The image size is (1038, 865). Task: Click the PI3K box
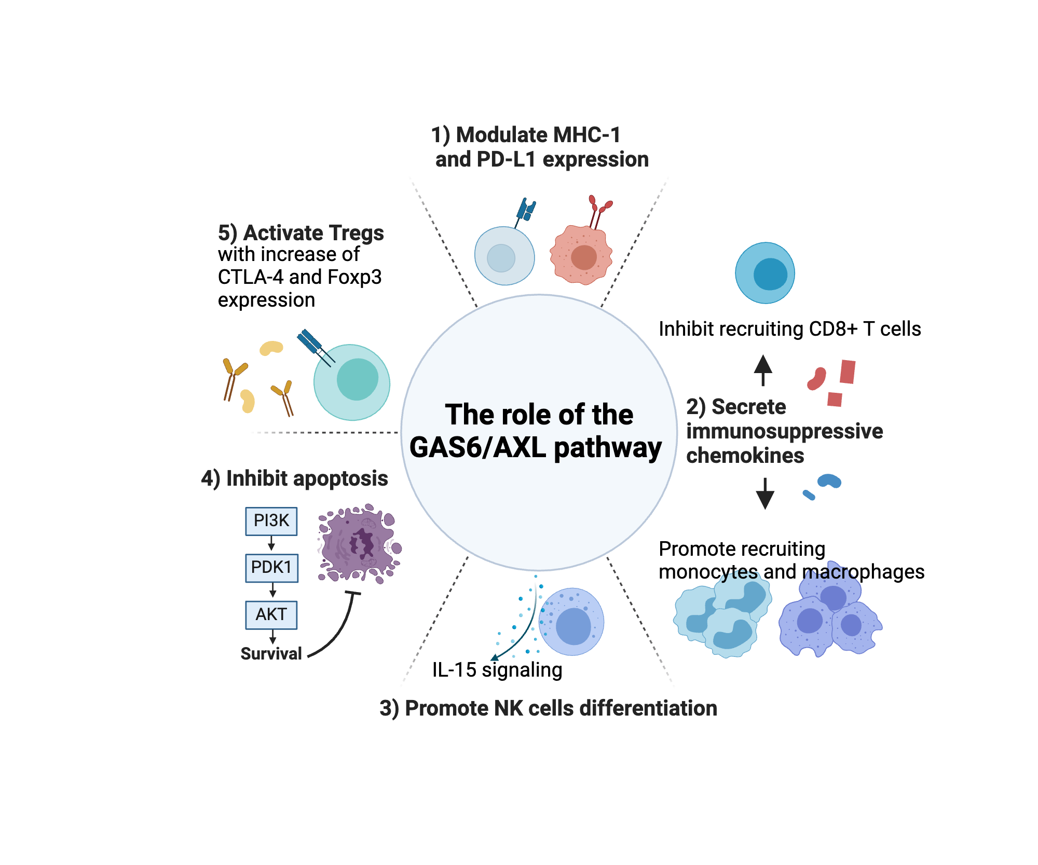coord(271,521)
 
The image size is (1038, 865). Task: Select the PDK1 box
coord(271,568)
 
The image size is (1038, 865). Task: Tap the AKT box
coord(271,615)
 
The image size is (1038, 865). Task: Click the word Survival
coord(271,654)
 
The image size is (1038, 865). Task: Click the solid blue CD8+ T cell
coord(765,273)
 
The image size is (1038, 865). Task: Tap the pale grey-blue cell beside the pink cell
coord(504,256)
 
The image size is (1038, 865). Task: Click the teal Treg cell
coord(352,382)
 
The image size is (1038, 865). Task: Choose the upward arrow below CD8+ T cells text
coord(762,369)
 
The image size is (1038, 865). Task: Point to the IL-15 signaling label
coord(497,670)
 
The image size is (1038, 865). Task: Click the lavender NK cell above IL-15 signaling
coord(571,622)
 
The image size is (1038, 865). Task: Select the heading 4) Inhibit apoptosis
coord(294,478)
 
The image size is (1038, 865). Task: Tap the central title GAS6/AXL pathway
coord(535,447)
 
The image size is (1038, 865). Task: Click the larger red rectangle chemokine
coord(847,372)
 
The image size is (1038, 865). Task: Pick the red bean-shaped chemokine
coord(816,379)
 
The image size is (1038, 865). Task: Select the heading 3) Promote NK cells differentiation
coord(548,708)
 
